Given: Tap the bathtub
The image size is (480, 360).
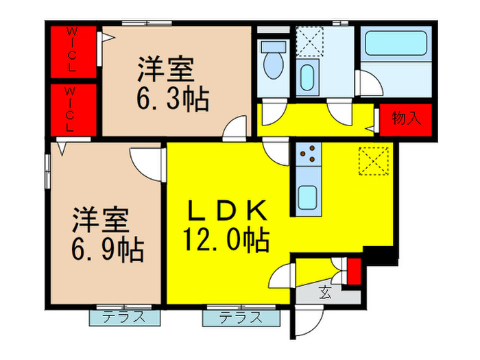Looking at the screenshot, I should [x=396, y=42].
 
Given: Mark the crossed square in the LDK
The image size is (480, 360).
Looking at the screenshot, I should [x=374, y=162].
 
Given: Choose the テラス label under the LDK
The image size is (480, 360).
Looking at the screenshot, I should [x=241, y=317].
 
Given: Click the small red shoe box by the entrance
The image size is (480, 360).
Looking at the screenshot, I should [x=354, y=270].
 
